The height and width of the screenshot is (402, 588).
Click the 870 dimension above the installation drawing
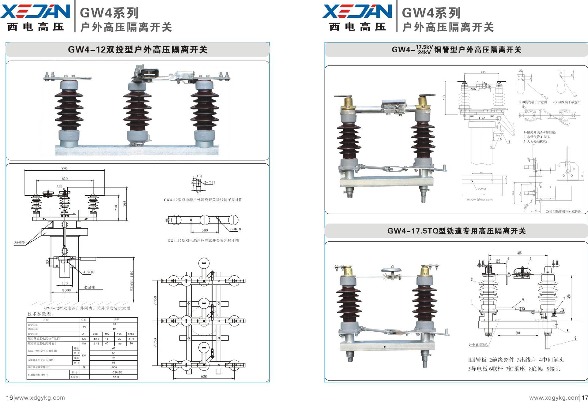[x=64, y=168]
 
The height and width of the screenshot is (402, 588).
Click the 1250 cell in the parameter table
[x=131, y=334]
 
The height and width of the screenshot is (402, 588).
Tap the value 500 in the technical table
[x=114, y=367]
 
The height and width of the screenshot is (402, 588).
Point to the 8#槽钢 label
[x=20, y=243]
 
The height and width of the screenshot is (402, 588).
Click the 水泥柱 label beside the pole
[x=89, y=287]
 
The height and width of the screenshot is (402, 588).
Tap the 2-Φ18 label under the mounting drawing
[x=235, y=229]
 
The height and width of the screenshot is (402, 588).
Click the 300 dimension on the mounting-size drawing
[x=205, y=230]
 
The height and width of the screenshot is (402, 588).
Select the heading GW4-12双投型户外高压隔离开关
[x=138, y=50]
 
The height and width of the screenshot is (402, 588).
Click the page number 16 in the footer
[x=9, y=397]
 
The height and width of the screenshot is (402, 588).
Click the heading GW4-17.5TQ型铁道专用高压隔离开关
[x=456, y=231]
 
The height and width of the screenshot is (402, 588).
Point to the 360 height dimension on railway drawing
[x=569, y=296]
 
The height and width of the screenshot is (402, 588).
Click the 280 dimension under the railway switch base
[x=518, y=333]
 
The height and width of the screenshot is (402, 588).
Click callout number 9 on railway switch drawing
[x=575, y=338]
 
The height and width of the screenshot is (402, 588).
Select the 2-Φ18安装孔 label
[x=478, y=344]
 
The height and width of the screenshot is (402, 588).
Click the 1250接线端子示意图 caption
[x=532, y=102]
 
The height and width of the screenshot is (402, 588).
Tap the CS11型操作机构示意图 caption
[x=563, y=211]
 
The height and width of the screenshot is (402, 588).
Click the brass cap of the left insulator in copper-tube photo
[x=349, y=102]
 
